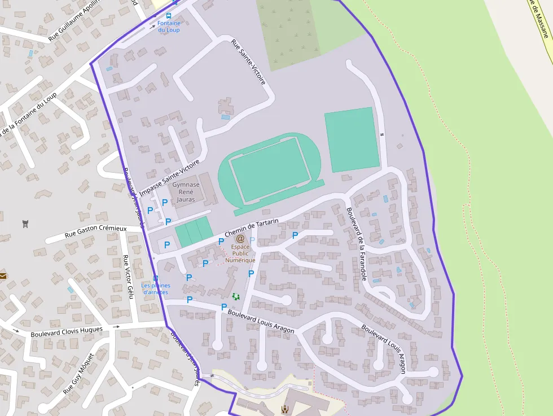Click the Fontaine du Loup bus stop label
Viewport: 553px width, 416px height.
(169, 27)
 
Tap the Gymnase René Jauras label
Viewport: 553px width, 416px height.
(186, 192)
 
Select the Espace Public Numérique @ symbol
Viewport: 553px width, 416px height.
(240, 239)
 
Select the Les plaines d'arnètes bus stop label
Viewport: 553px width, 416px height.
(157, 288)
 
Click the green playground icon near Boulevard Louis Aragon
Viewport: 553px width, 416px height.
(236, 296)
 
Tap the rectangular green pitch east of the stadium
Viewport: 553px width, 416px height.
(351, 139)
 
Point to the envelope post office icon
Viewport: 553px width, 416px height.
(3, 276)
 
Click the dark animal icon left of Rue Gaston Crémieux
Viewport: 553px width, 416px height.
(25, 224)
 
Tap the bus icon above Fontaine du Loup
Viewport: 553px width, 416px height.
(174, 2)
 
